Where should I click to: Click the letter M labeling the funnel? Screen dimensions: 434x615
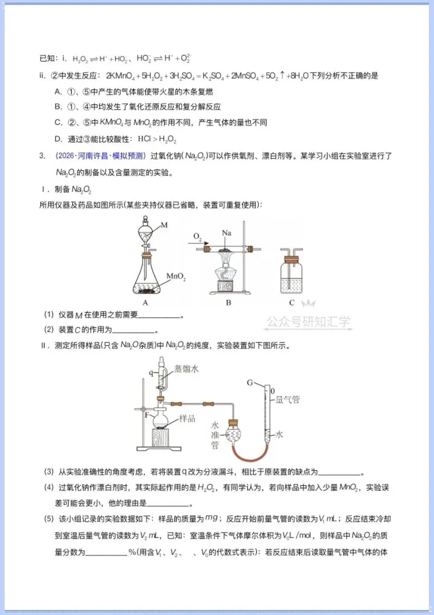pyautogui.click(x=164, y=225)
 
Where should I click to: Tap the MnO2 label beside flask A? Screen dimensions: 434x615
pyautogui.click(x=176, y=276)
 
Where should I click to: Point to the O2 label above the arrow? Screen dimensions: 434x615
pyautogui.click(x=197, y=236)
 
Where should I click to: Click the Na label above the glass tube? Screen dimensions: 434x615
pyautogui.click(x=227, y=233)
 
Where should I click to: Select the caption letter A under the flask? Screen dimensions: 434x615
pyautogui.click(x=145, y=302)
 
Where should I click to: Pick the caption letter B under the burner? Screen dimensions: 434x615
pyautogui.click(x=229, y=302)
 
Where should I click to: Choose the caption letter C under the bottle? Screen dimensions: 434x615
pyautogui.click(x=292, y=302)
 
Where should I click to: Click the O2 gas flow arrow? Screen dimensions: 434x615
pyautogui.click(x=198, y=243)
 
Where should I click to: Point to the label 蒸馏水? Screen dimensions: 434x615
pyautogui.click(x=186, y=369)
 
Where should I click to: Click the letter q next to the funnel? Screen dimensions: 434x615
pyautogui.click(x=151, y=373)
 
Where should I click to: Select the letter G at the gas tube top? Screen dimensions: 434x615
pyautogui.click(x=250, y=382)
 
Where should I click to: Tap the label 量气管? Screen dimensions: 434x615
pyautogui.click(x=287, y=399)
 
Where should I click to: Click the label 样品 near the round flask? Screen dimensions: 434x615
pyautogui.click(x=187, y=419)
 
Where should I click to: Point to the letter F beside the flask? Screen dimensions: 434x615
pyautogui.click(x=147, y=415)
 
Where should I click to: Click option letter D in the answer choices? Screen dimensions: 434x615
pyautogui.click(x=58, y=139)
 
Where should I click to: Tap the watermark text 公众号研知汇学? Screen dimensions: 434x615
pyautogui.click(x=308, y=322)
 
